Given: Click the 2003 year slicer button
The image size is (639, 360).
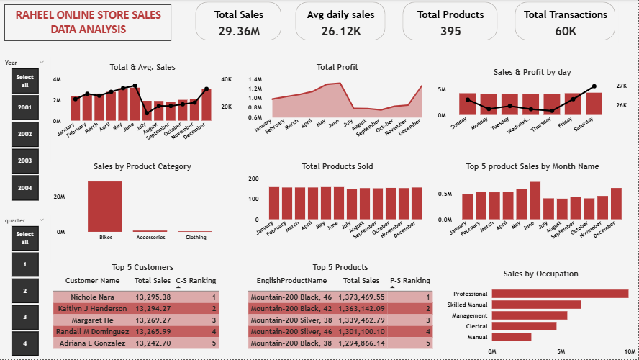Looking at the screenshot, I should (x=25, y=161).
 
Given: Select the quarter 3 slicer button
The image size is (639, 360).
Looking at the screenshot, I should (x=25, y=317).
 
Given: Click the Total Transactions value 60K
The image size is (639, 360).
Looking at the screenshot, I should (x=566, y=31).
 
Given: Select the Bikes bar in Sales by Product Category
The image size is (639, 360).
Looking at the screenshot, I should (x=105, y=206).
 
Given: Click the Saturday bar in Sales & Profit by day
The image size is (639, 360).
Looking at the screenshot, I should (x=594, y=104).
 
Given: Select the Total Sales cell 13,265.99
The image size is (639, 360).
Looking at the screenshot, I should (x=153, y=331).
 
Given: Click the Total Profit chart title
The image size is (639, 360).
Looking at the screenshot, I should (x=337, y=67).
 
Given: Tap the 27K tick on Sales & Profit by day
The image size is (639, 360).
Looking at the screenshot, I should (x=621, y=86).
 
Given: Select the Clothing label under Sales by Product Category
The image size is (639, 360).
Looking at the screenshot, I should (x=195, y=237).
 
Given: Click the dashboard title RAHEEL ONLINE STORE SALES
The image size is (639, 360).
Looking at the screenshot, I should (x=89, y=15).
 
